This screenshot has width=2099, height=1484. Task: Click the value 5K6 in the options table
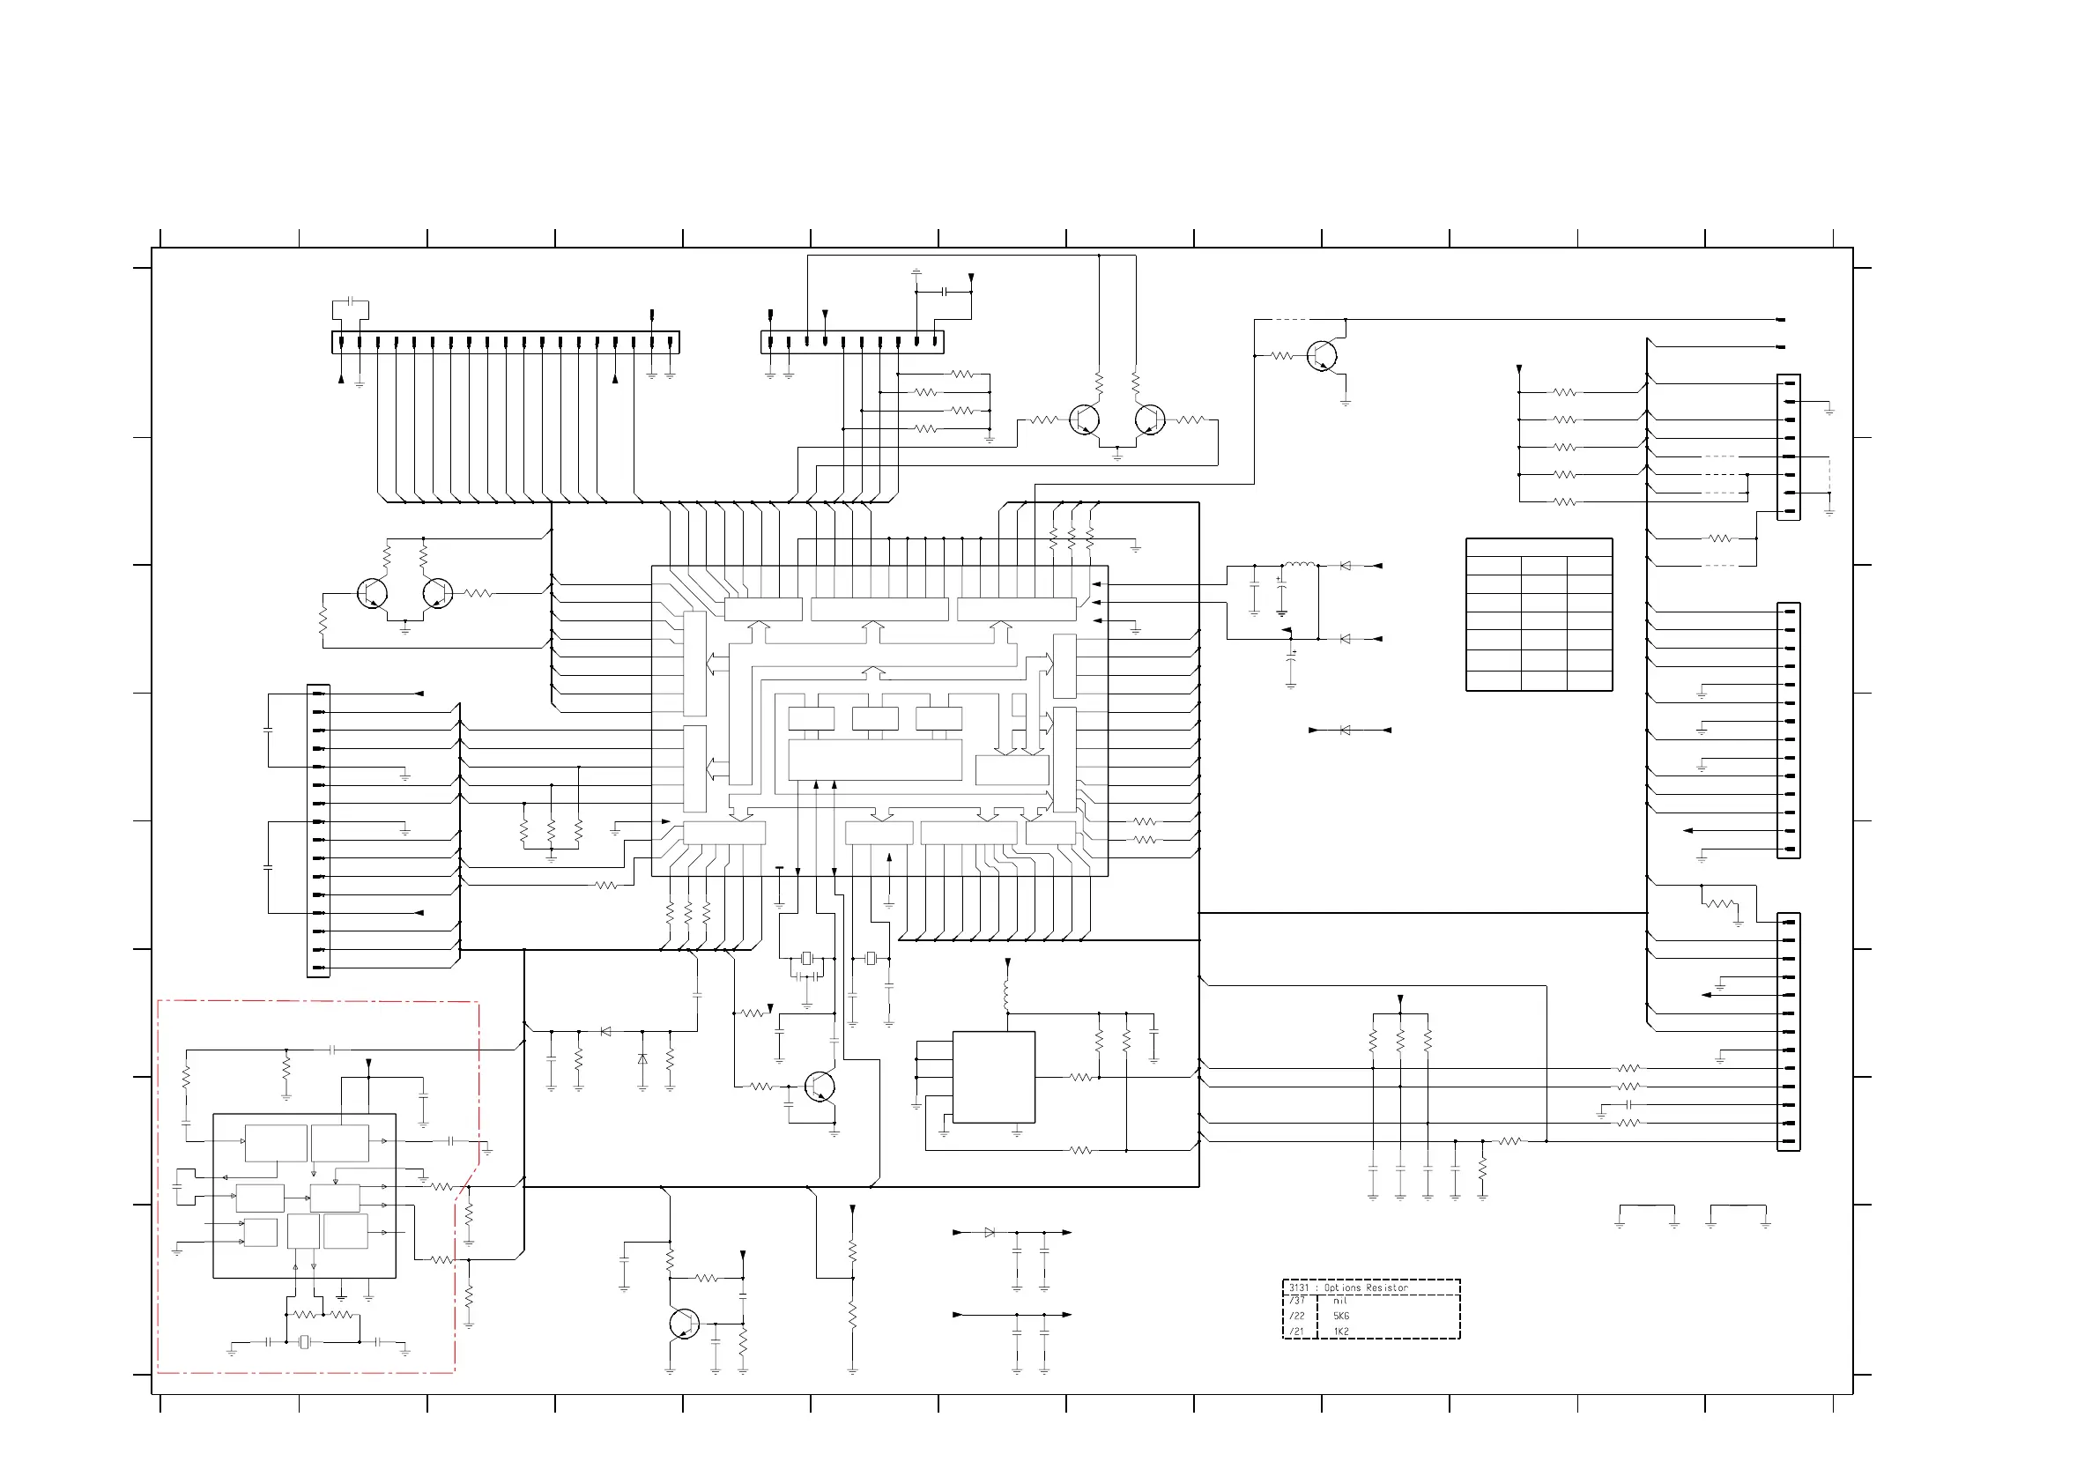click(x=1341, y=1316)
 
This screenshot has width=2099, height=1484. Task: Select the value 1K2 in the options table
click(x=1341, y=1332)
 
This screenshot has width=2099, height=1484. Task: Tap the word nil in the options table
click(x=1340, y=1300)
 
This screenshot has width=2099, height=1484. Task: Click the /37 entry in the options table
click(x=1297, y=1300)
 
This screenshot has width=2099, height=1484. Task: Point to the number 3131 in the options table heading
click(x=1299, y=1287)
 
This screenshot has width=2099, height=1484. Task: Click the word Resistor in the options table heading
click(x=1387, y=1287)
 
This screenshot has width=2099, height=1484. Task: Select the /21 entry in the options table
click(x=1297, y=1332)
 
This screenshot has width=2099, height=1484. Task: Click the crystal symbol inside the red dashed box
click(x=304, y=1342)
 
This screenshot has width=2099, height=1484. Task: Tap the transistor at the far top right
click(x=1322, y=356)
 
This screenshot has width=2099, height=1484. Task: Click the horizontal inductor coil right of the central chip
click(x=1300, y=565)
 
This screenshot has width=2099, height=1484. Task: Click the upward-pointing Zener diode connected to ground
click(x=642, y=1059)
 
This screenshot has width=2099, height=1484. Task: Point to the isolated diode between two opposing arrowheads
click(x=1345, y=730)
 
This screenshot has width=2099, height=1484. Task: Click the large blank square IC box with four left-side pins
click(x=994, y=1077)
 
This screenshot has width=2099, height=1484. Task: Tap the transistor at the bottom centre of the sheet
click(x=683, y=1323)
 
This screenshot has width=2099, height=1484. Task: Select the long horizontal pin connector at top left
click(x=505, y=342)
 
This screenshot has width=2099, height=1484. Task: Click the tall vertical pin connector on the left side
click(x=318, y=830)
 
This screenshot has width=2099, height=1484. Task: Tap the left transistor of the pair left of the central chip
click(x=372, y=593)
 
